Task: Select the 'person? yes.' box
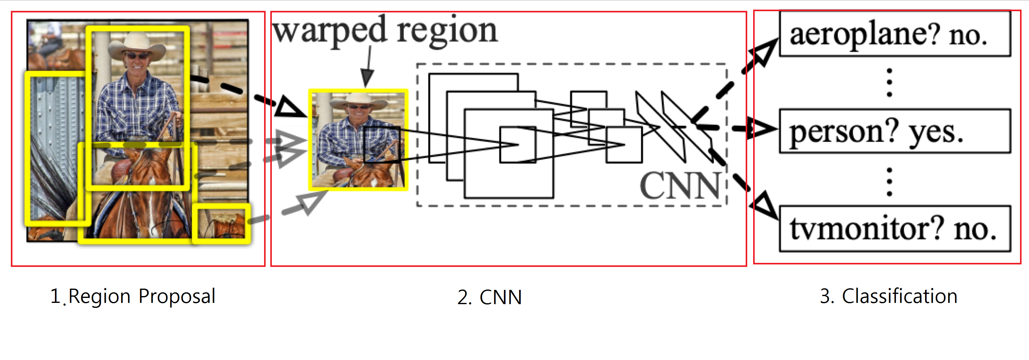(895, 131)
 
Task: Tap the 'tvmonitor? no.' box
(895, 228)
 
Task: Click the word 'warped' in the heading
(330, 31)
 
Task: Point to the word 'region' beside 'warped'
(447, 31)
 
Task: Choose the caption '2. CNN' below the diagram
(489, 297)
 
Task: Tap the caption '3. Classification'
(888, 296)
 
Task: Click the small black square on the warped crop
(381, 145)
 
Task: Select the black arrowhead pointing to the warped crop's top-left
(290, 107)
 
